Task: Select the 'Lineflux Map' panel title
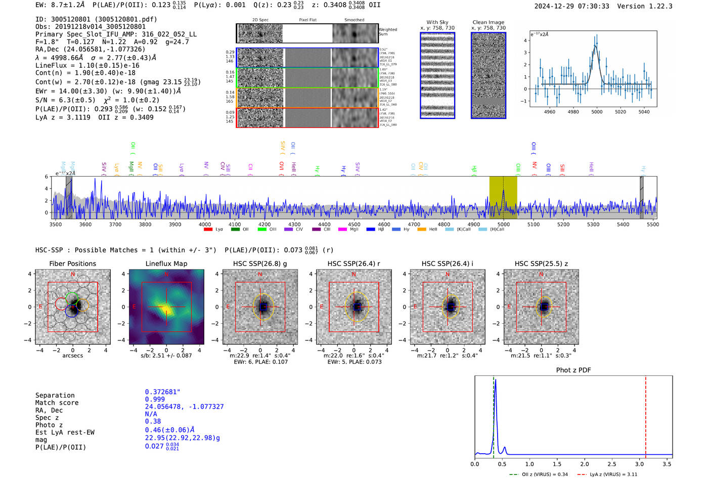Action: coord(166,264)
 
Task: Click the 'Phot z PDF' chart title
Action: coord(573,370)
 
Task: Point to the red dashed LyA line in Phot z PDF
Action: coord(645,415)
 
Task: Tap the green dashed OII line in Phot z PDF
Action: coord(494,415)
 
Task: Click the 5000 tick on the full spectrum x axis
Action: coord(503,224)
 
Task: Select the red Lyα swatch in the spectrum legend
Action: coord(208,230)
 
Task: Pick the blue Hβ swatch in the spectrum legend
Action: coord(371,230)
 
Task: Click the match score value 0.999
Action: coord(155,399)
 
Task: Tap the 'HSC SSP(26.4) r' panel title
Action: coord(353,264)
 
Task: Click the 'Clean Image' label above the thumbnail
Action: coord(488,22)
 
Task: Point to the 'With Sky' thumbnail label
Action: coord(437,22)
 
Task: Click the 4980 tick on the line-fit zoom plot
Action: coord(573,112)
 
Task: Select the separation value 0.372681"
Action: coord(162,392)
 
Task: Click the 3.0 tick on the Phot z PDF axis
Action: coord(639,464)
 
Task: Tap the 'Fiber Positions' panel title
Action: coord(72,264)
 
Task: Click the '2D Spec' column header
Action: coord(260,20)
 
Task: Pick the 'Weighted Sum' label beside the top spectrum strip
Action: coord(387,31)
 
